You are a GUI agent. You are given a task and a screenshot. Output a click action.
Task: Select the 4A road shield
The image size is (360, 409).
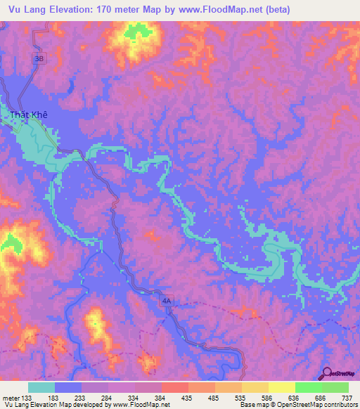tap(166, 301)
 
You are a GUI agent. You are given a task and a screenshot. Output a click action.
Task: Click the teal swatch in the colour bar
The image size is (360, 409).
tap(41, 387)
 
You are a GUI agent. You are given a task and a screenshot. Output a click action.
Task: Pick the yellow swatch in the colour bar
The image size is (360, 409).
tap(281, 387)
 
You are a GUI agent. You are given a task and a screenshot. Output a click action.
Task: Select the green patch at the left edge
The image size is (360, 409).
tap(9, 243)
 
